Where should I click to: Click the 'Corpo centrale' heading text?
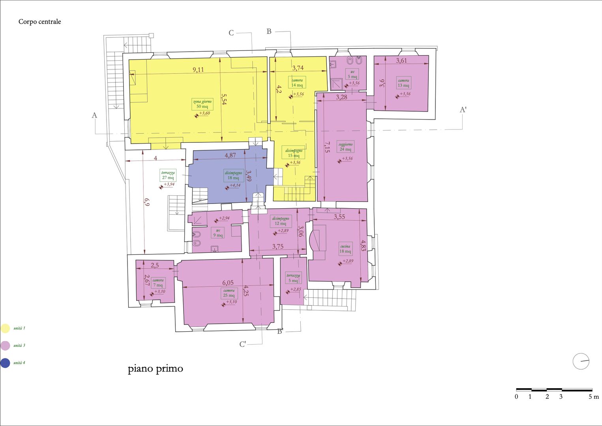coord(39,22)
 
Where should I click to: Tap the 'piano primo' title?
coord(155,369)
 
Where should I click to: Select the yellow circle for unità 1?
coord(5,328)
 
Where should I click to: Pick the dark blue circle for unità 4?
coord(5,363)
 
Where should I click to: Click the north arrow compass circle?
coord(581,361)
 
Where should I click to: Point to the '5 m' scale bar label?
coord(593,397)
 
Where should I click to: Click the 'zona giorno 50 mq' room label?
coord(202,104)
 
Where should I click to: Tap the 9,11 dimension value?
coord(198,70)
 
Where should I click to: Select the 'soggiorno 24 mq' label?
coord(345,147)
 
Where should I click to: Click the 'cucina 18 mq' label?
coord(345,249)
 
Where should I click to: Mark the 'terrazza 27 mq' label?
coord(168,175)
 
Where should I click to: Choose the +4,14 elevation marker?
coord(234,185)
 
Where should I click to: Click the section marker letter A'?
coord(463,110)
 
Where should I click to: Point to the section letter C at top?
coord(231,33)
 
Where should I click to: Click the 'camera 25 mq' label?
coord(229,293)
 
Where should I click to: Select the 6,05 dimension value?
coord(228,283)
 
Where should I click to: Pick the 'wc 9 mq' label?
coord(218,233)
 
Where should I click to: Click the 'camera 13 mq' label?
coord(403,83)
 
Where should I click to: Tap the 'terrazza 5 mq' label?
coord(293,278)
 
